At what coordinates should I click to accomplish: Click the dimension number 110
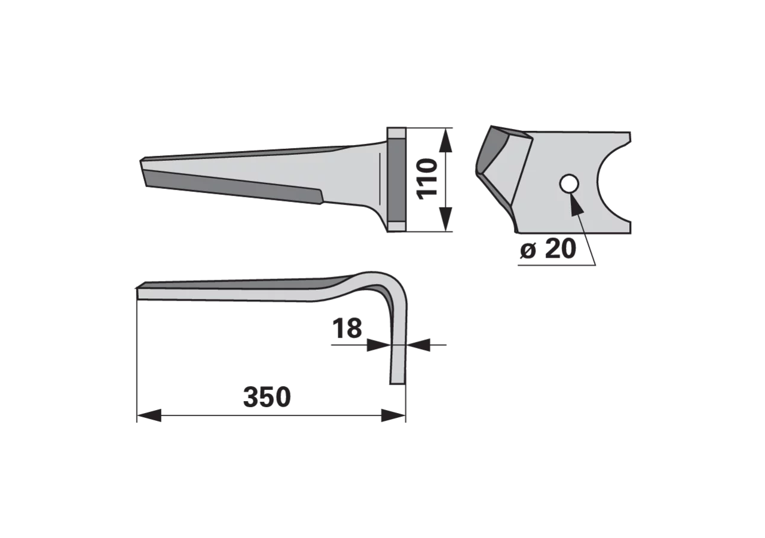pos(427,179)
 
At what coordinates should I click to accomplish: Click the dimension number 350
pos(267,397)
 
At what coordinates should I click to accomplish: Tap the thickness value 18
pos(347,328)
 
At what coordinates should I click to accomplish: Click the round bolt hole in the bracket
pos(569,184)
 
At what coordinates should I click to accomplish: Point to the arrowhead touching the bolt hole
pos(575,204)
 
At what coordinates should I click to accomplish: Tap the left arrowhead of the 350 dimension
pos(149,415)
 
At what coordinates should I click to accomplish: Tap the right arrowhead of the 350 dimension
pos(393,415)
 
